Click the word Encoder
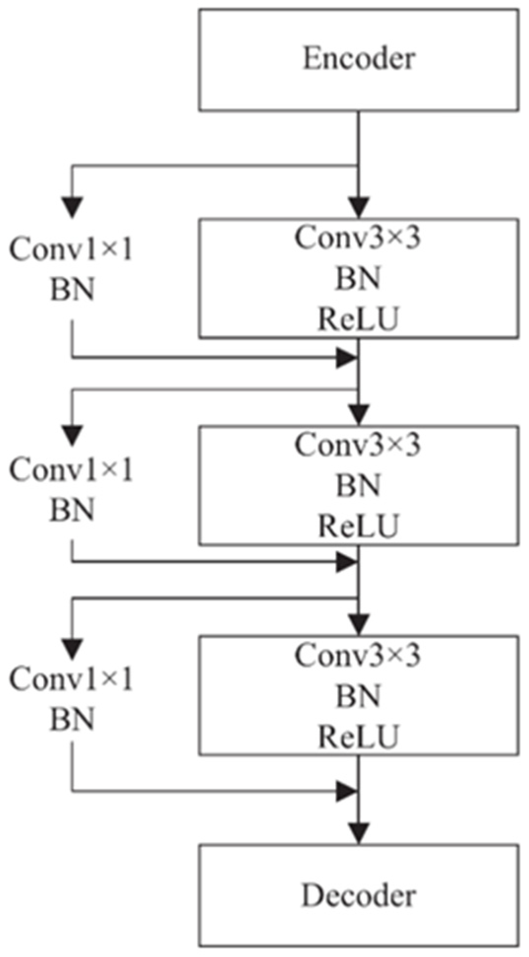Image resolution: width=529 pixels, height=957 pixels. pos(358,59)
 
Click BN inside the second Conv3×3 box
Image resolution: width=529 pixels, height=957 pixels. pos(358,486)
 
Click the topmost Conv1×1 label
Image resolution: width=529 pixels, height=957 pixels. pos(71,250)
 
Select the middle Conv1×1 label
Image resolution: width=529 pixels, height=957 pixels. pos(71,470)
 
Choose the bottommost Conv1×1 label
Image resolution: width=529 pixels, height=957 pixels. pos(71,680)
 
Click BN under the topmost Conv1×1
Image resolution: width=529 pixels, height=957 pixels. pos(71,290)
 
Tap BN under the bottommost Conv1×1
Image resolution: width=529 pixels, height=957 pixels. pos(71,720)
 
